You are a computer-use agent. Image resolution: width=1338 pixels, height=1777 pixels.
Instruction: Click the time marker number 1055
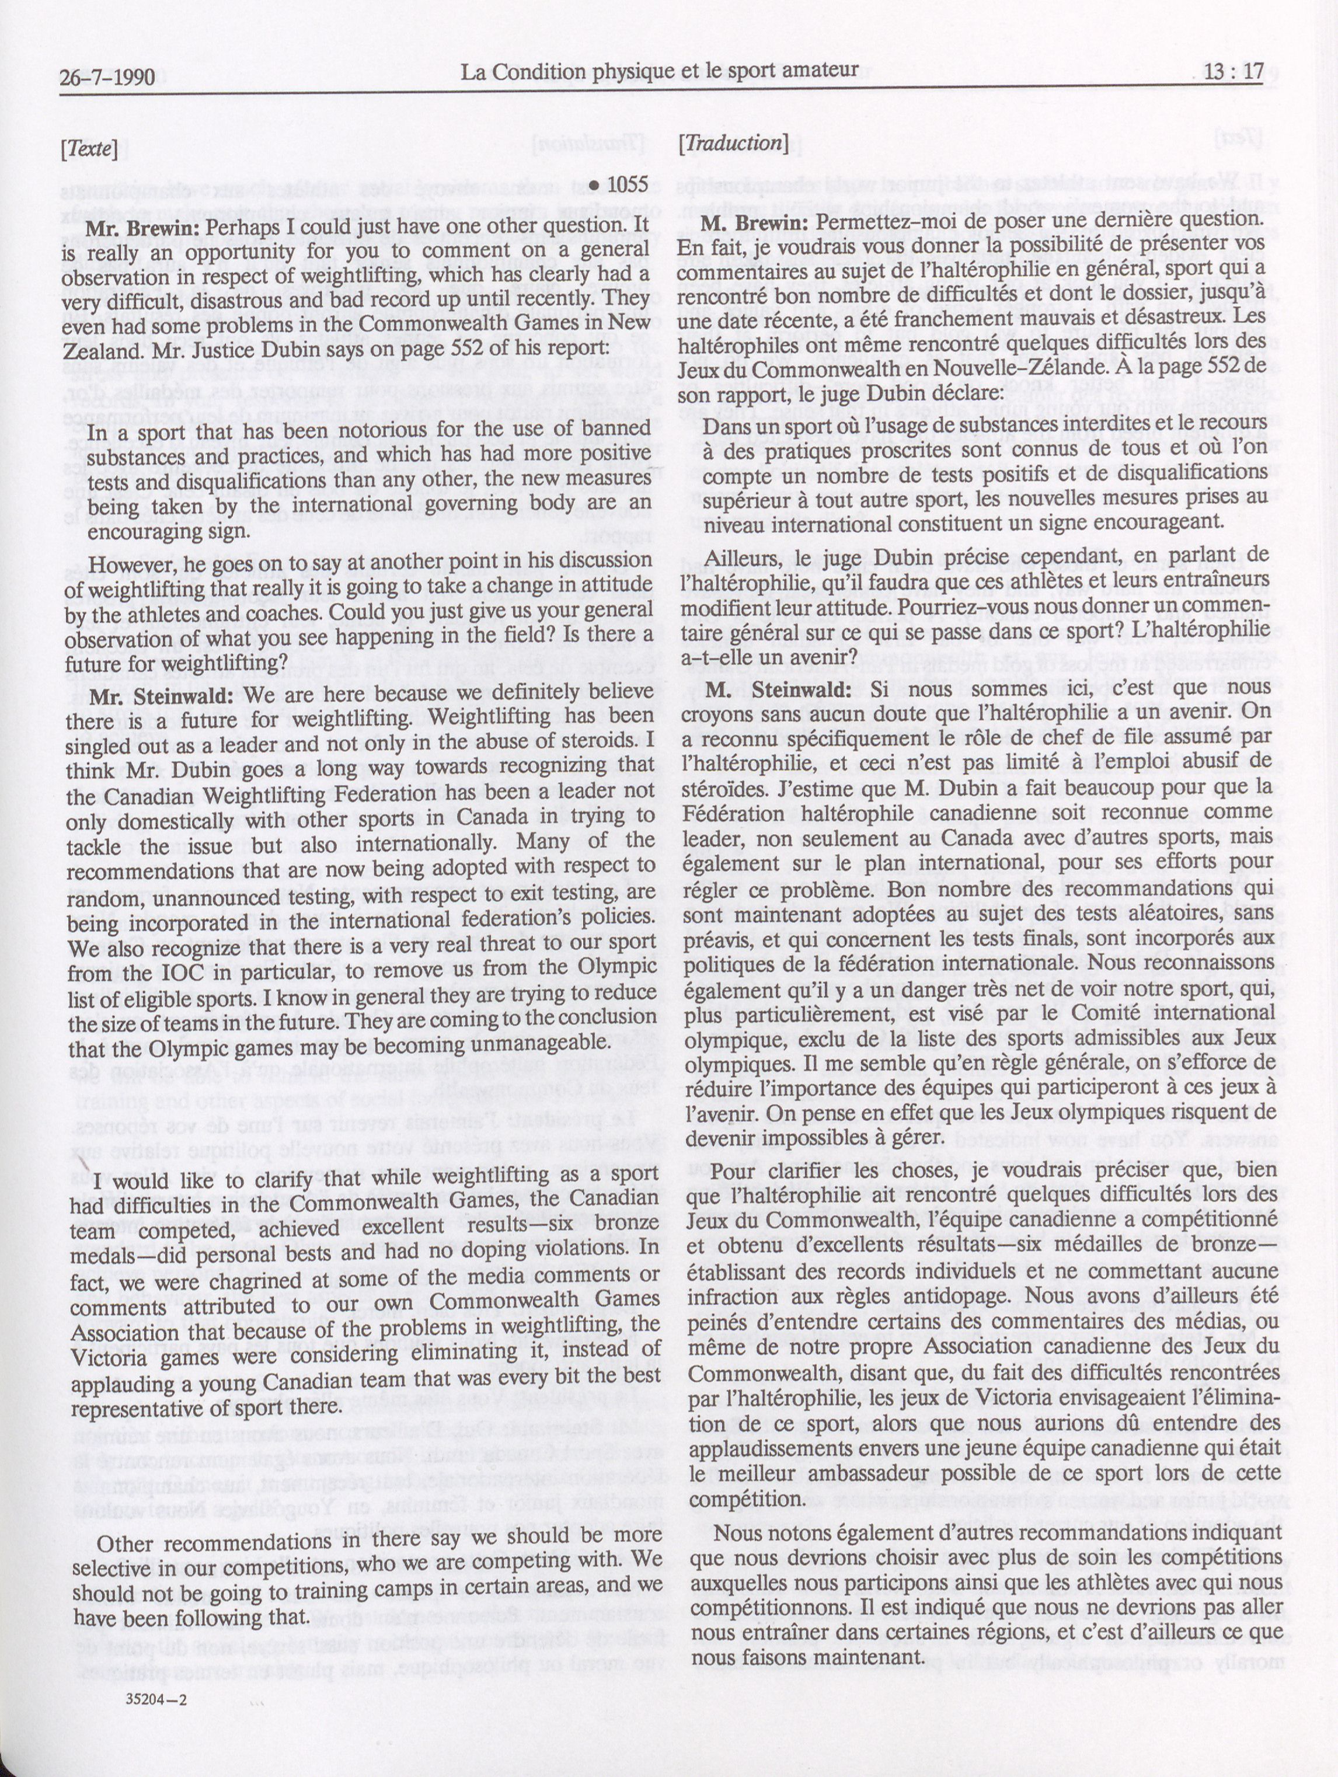coord(626,186)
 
